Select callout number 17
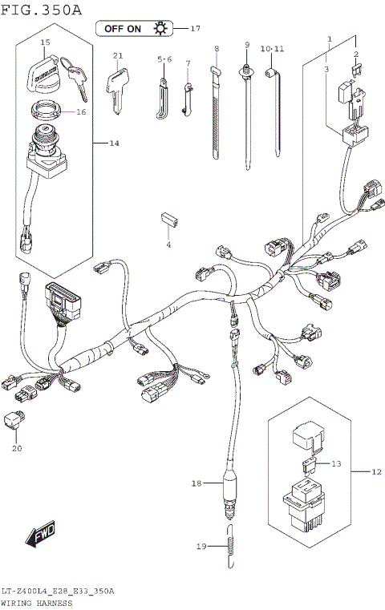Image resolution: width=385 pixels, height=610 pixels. (x=195, y=29)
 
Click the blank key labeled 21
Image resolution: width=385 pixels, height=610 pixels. (x=118, y=85)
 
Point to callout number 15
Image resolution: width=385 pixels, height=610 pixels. (x=44, y=42)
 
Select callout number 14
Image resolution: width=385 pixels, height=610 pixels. (x=114, y=143)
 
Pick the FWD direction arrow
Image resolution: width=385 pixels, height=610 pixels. (x=38, y=535)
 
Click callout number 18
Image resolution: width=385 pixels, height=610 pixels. (x=195, y=483)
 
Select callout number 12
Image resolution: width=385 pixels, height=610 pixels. (x=375, y=471)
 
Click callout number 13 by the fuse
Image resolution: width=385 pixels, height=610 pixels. (x=336, y=463)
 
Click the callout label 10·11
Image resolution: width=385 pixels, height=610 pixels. (x=273, y=49)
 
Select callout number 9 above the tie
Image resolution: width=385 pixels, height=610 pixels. (x=247, y=44)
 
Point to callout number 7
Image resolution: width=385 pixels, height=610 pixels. (x=188, y=63)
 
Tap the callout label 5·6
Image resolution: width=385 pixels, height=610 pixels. (x=164, y=59)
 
